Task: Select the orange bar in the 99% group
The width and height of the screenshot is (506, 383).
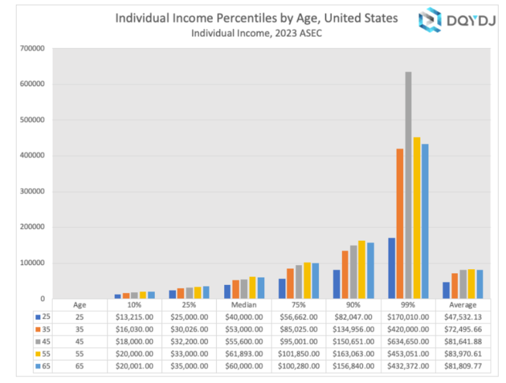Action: [x=400, y=224]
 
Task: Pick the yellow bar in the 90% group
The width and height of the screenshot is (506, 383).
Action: [x=361, y=269]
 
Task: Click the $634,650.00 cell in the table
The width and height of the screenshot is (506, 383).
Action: [x=408, y=340]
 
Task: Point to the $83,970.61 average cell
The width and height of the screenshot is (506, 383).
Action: [x=463, y=352]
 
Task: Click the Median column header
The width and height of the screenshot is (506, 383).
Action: [x=244, y=305]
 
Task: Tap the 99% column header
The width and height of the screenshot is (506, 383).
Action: [x=408, y=305]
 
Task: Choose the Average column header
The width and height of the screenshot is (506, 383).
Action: [x=463, y=305]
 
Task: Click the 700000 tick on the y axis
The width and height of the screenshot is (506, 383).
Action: [x=32, y=49]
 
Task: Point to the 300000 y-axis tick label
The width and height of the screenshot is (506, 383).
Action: [x=32, y=191]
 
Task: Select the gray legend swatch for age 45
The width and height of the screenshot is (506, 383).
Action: [x=38, y=341]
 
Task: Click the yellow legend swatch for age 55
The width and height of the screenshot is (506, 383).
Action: [x=38, y=353]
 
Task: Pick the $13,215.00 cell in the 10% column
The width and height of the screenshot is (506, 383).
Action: [x=134, y=317]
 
